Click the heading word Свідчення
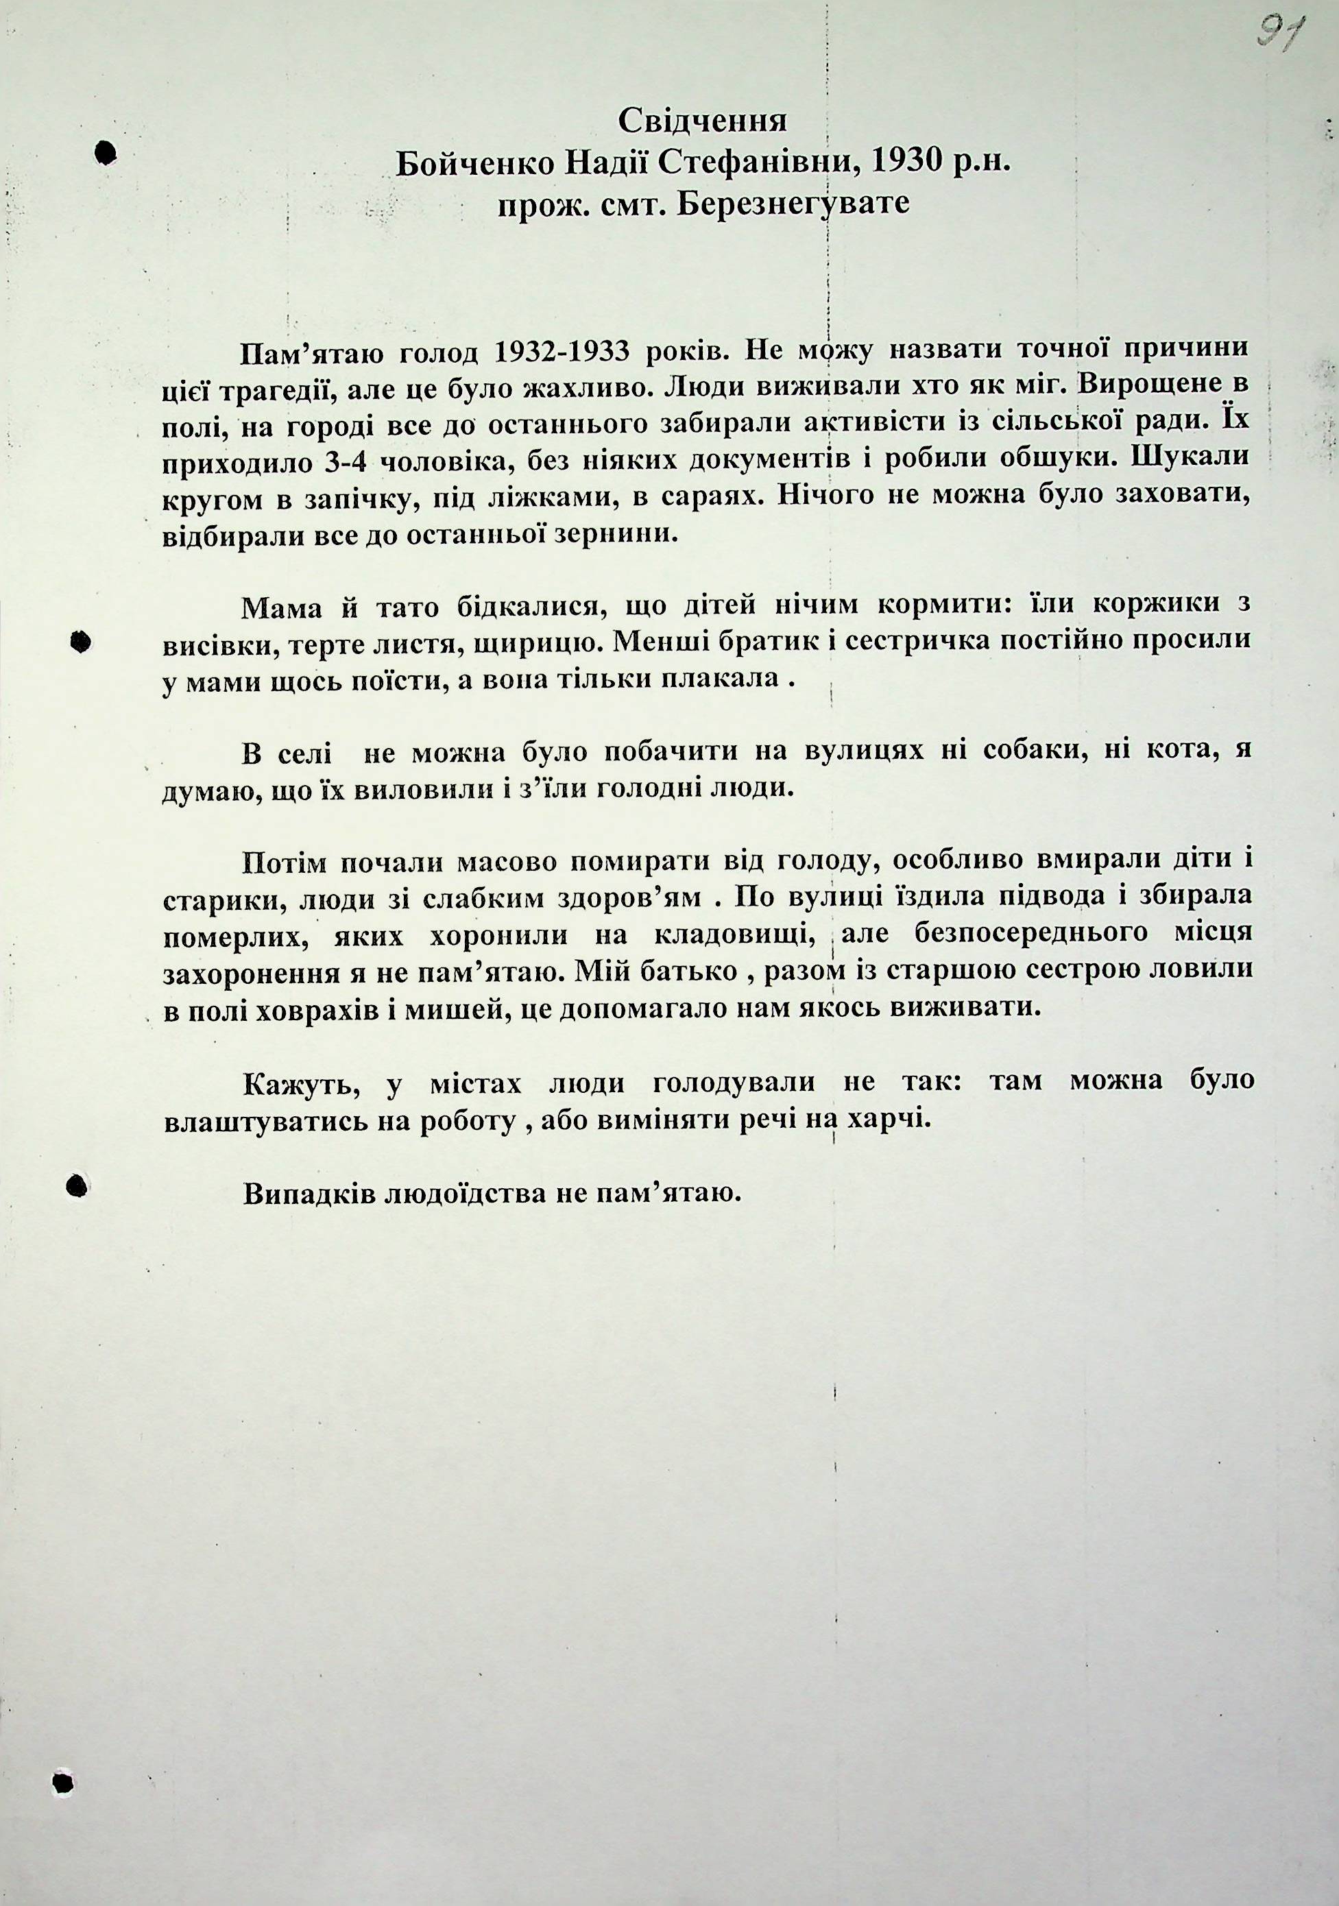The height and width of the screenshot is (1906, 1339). tap(702, 122)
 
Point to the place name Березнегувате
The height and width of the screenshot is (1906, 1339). tap(792, 204)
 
